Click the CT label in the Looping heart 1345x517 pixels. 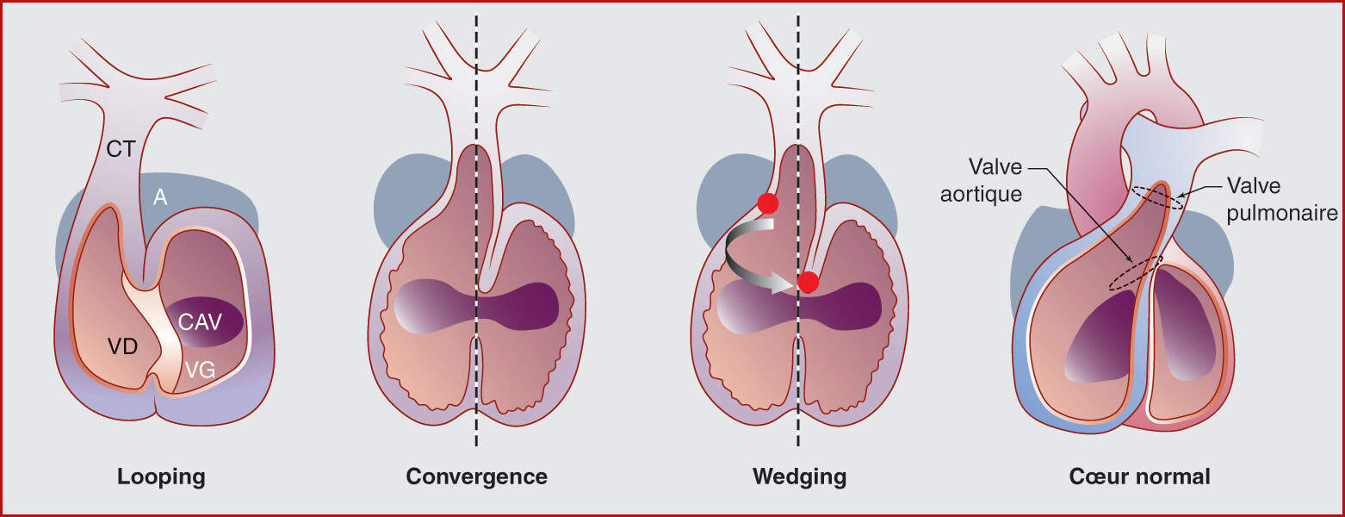tap(121, 149)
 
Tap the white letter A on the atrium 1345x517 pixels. tap(160, 198)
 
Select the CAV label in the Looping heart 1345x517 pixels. tap(200, 322)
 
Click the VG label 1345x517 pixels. tap(201, 371)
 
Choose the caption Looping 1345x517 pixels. tap(161, 477)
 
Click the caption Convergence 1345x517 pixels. tap(476, 477)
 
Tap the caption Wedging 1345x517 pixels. tap(799, 477)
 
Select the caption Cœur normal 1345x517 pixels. tap(1139, 477)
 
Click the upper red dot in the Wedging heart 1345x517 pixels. tap(766, 203)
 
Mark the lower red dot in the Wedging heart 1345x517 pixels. tap(808, 282)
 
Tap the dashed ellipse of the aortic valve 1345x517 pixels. tap(1135, 273)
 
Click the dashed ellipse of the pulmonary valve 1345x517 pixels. tap(1157, 198)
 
